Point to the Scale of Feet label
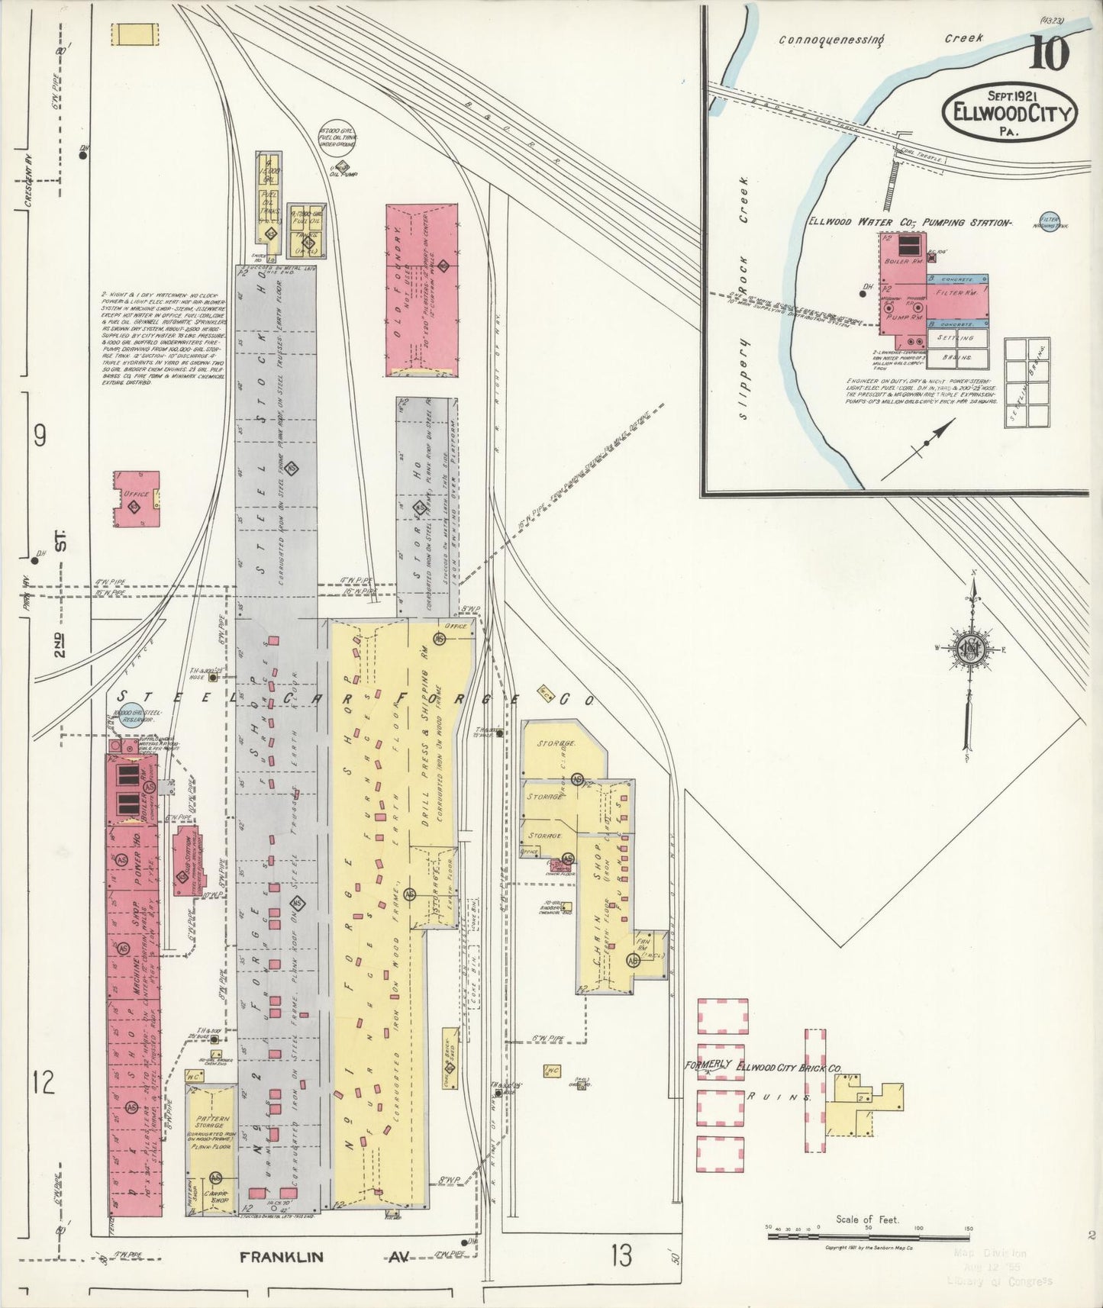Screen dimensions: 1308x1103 tap(867, 1219)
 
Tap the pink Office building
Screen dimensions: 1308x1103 tap(137, 499)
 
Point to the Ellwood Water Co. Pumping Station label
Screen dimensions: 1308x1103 tap(910, 222)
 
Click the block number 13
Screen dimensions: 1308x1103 tap(621, 1254)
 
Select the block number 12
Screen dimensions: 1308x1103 tap(44, 1082)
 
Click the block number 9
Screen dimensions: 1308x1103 tap(40, 435)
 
